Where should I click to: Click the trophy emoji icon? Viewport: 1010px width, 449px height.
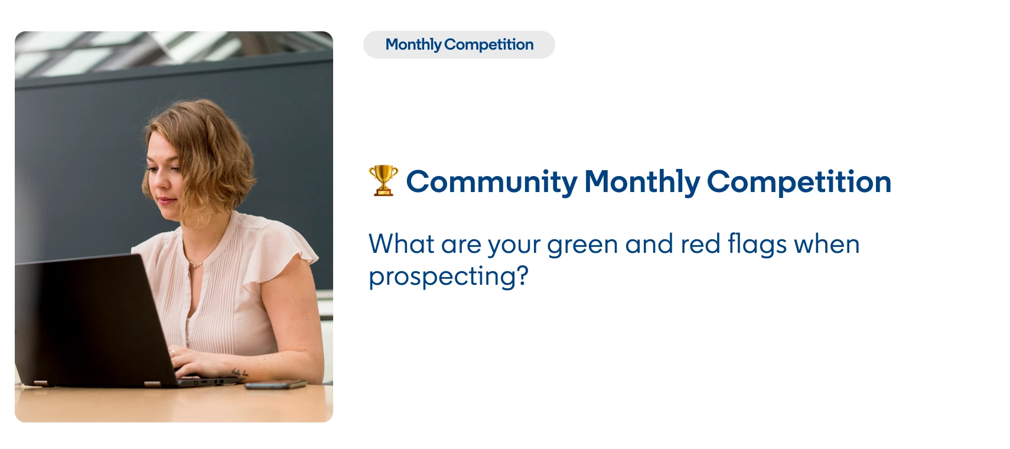383,180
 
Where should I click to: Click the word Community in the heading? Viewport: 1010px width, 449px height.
491,182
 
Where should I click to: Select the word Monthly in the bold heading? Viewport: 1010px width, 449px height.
642,182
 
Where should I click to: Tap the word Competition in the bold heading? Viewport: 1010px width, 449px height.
799,182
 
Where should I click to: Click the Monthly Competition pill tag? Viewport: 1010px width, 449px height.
459,45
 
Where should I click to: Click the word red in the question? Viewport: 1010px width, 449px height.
701,245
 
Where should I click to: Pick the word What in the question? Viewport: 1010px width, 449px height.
401,245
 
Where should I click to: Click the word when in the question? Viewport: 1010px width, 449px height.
826,245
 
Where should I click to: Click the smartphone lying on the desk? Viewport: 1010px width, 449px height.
276,385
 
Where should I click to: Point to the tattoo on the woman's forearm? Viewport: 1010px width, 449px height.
239,373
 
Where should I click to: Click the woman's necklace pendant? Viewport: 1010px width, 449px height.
195,265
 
